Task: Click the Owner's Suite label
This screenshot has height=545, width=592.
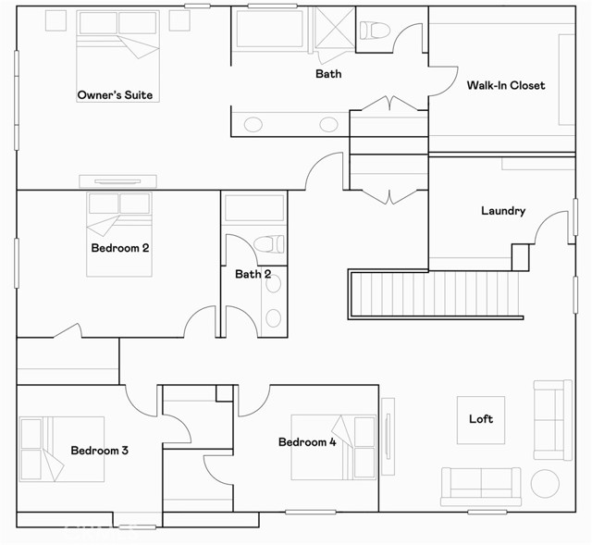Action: (115, 94)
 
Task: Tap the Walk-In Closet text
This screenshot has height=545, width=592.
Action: (506, 85)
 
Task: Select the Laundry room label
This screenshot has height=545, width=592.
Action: (503, 211)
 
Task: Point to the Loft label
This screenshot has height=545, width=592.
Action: (481, 419)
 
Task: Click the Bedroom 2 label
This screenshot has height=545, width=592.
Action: (120, 248)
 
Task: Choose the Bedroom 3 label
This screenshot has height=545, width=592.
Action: (100, 451)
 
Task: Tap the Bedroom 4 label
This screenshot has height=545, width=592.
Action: (307, 442)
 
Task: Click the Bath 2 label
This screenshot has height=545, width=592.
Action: (253, 274)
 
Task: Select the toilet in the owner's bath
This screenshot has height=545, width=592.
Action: (375, 31)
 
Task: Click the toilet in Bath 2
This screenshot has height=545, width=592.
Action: (269, 244)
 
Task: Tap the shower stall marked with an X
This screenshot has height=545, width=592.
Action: (335, 28)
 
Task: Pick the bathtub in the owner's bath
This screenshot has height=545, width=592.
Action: (269, 29)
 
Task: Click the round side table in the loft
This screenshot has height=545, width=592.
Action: (545, 483)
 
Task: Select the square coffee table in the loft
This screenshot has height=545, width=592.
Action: (481, 420)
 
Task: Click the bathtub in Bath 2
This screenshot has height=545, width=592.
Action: (254, 207)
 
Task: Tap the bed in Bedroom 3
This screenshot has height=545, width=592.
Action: (62, 449)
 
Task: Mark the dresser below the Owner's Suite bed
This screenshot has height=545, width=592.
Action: (117, 181)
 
